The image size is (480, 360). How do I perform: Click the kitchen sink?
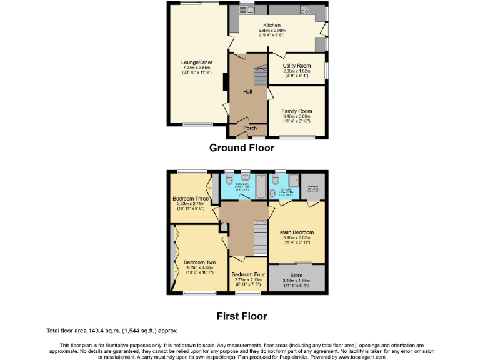pyautogui.click(x=250, y=9)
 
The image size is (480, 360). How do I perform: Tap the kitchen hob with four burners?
pyautogui.click(x=306, y=9)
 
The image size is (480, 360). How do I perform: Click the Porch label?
pyautogui.click(x=249, y=128)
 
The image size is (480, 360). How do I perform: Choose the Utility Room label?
pyautogui.click(x=297, y=66)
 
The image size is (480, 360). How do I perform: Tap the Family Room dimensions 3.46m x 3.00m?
pyautogui.click(x=297, y=117)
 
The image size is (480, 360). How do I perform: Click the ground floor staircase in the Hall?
pyautogui.click(x=258, y=78)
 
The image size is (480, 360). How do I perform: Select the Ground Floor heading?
pyautogui.click(x=241, y=148)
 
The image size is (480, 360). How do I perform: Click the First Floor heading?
pyautogui.click(x=241, y=316)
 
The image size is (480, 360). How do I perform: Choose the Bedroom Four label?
pyautogui.click(x=247, y=274)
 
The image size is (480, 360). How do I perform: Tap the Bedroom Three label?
pyautogui.click(x=191, y=199)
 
